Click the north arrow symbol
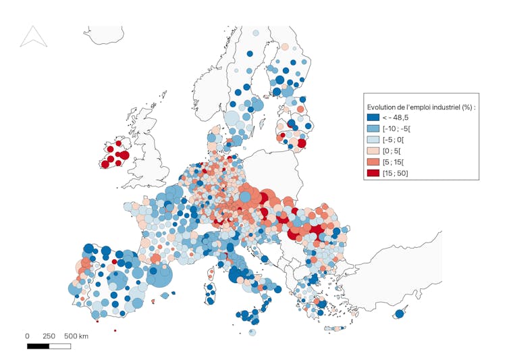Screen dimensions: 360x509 coord(33,36)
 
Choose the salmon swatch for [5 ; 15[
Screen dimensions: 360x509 coord(373,162)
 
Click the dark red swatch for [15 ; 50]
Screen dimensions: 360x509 coord(373,174)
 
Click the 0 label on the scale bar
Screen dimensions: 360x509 coord(27,336)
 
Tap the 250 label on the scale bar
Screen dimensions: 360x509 coord(49,336)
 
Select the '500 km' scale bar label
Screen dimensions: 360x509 coord(76,336)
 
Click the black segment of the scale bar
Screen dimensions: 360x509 coord(38,346)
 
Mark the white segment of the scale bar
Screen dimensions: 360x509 coord(60,346)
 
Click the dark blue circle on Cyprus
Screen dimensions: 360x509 coord(400,313)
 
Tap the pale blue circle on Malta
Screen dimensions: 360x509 coord(252,332)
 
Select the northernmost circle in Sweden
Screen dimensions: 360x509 coord(255,32)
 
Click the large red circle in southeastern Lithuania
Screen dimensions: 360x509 coord(301,143)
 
